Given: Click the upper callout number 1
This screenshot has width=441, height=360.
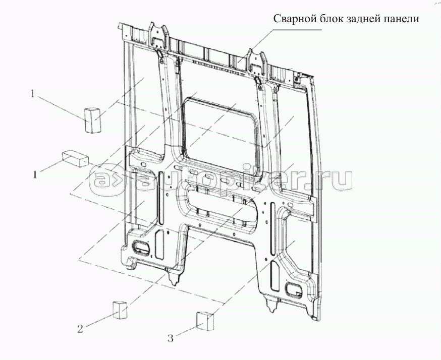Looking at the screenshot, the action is [33, 94].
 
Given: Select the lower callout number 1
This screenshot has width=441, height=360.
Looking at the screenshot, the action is [35, 175].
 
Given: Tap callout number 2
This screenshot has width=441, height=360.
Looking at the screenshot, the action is [80, 329].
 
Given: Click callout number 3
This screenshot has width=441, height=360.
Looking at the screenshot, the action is [171, 338].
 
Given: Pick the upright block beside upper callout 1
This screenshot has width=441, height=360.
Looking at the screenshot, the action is [92, 119].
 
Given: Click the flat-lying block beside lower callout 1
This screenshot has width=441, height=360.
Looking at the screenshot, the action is [75, 158].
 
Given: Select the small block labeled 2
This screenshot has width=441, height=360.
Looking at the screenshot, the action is [120, 310].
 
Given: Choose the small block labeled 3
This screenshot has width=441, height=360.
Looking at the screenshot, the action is [204, 321].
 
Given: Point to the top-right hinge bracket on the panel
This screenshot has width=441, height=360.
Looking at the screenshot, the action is [256, 62].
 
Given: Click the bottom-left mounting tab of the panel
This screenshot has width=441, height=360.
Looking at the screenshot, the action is [174, 276].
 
